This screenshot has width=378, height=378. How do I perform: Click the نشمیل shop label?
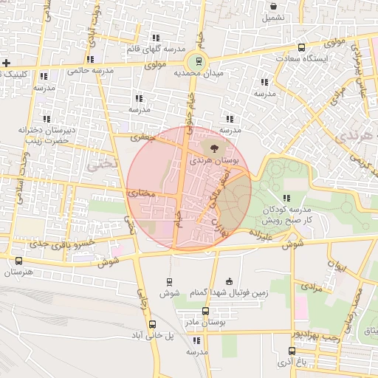pyautogui.click(x=272, y=17)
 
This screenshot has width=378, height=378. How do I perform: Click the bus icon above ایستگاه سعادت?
pyautogui.click(x=301, y=48)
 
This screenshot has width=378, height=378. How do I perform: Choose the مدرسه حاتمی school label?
pyautogui.click(x=90, y=71)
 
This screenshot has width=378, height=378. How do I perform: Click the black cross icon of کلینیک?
pyautogui.click(x=7, y=63)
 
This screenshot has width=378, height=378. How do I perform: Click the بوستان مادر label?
pyautogui.click(x=206, y=322)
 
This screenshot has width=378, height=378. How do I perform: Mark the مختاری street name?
pyautogui.click(x=142, y=193)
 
